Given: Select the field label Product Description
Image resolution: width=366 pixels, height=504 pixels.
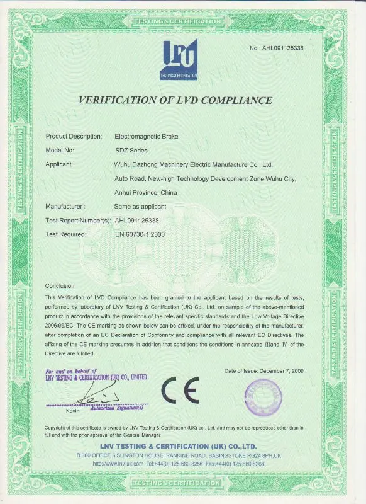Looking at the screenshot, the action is point(74,136).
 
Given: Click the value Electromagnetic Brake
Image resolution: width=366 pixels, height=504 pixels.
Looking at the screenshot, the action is point(143,136).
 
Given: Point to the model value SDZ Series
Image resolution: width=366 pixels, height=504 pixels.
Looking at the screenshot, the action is point(129,150).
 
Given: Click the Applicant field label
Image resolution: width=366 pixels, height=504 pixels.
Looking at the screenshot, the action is point(60,164).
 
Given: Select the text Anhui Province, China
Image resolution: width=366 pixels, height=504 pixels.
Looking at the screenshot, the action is point(147,192).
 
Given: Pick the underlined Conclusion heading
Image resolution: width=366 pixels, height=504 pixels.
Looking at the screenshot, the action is point(60,286).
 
